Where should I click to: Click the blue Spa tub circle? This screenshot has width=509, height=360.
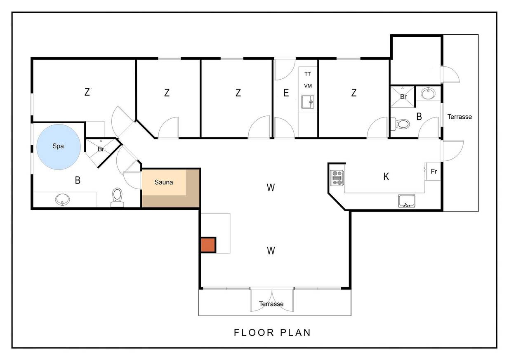(59, 147)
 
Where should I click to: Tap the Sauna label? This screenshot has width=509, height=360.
(164, 182)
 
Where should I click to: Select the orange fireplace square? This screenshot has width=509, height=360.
(208, 245)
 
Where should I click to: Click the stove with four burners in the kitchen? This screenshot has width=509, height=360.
(337, 178)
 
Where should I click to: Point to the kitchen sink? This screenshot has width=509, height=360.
(407, 201)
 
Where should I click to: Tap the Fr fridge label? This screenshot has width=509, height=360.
(434, 172)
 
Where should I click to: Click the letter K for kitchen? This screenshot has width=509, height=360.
(386, 176)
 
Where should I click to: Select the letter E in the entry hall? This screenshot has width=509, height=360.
(286, 93)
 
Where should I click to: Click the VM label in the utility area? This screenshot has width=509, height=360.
(308, 86)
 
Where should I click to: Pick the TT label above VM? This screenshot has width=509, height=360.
(307, 74)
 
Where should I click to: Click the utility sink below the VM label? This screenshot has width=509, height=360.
(308, 102)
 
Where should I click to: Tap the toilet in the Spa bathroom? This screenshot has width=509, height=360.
(117, 198)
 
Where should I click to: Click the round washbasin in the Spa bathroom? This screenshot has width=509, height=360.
(62, 200)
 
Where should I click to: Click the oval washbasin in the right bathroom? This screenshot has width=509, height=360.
(428, 94)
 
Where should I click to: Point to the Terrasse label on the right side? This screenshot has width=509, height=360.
(460, 117)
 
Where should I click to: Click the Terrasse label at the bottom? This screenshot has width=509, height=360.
(271, 304)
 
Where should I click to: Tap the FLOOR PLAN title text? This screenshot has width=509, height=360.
(272, 333)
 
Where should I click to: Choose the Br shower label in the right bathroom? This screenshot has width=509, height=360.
(403, 97)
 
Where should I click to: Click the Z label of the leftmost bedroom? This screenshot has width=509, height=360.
(87, 92)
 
